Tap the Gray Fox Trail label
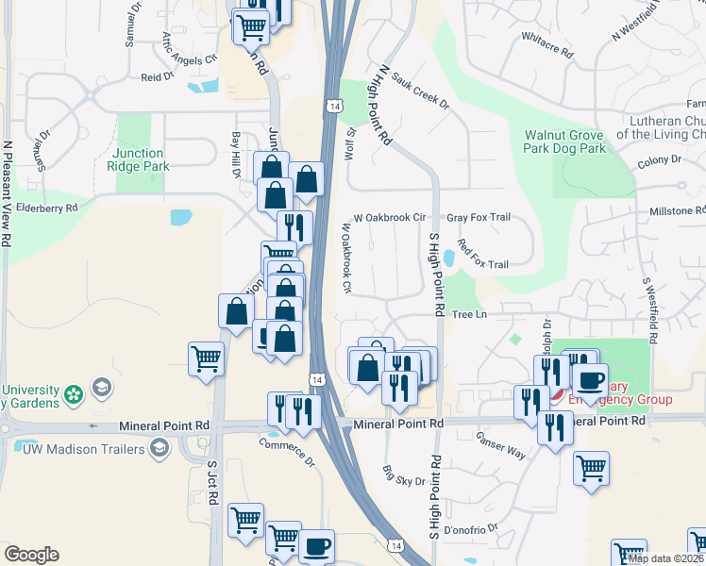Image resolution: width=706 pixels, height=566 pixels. [x=479, y=217]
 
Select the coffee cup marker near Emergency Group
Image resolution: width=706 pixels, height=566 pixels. [x=591, y=382]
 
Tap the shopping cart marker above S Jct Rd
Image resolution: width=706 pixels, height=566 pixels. [x=207, y=359]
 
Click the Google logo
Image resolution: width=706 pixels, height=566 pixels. [x=31, y=555]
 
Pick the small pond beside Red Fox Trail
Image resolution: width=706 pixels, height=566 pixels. [x=449, y=258]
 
